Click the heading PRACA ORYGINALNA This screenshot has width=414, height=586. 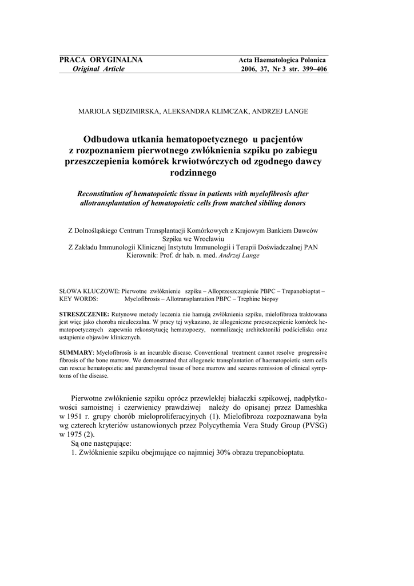(101, 60)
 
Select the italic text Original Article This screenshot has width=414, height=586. (98, 69)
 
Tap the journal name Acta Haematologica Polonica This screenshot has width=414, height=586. (282, 60)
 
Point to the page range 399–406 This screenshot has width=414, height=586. (310, 69)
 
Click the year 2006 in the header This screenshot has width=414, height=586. (250, 69)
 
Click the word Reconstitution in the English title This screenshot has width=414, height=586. (102, 194)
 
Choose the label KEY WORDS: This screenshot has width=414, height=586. (79, 299)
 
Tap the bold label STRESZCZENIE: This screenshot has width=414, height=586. (85, 315)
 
